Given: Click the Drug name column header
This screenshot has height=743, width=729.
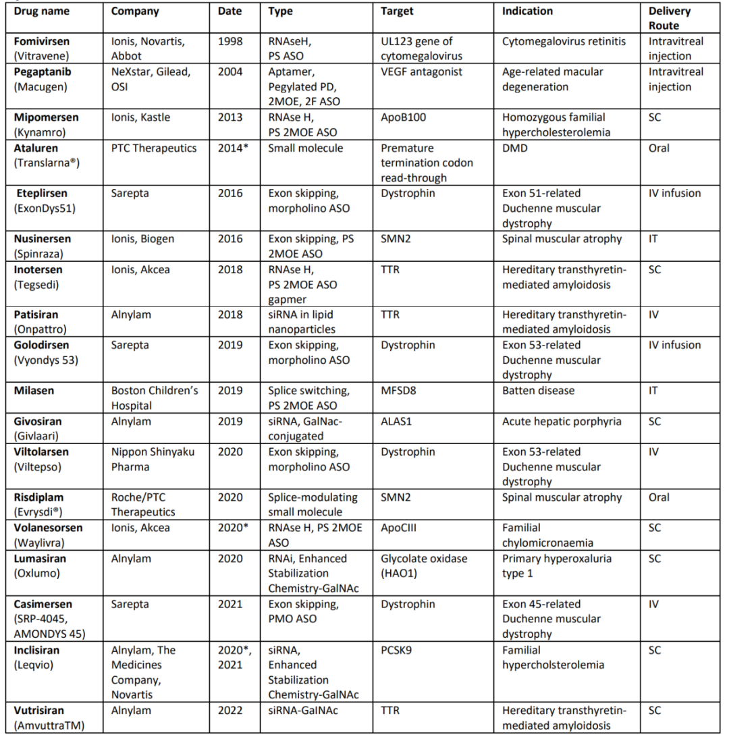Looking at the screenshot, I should (42, 11).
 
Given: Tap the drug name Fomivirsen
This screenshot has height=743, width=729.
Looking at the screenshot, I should (43, 41).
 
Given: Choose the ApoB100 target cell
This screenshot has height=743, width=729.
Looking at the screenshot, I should (403, 117).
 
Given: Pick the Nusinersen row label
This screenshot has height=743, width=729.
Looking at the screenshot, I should (43, 238).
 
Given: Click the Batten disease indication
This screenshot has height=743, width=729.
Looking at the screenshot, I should (539, 391).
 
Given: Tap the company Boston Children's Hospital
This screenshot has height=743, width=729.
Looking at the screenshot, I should (155, 398).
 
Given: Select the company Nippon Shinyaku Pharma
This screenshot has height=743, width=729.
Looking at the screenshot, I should (153, 459).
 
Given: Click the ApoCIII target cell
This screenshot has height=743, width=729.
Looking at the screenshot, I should (399, 528).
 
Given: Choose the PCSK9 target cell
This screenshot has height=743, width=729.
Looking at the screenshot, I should (398, 651).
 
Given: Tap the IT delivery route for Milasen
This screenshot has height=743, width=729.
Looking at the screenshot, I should (653, 391).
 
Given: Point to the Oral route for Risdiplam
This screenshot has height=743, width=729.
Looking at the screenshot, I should (659, 497).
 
